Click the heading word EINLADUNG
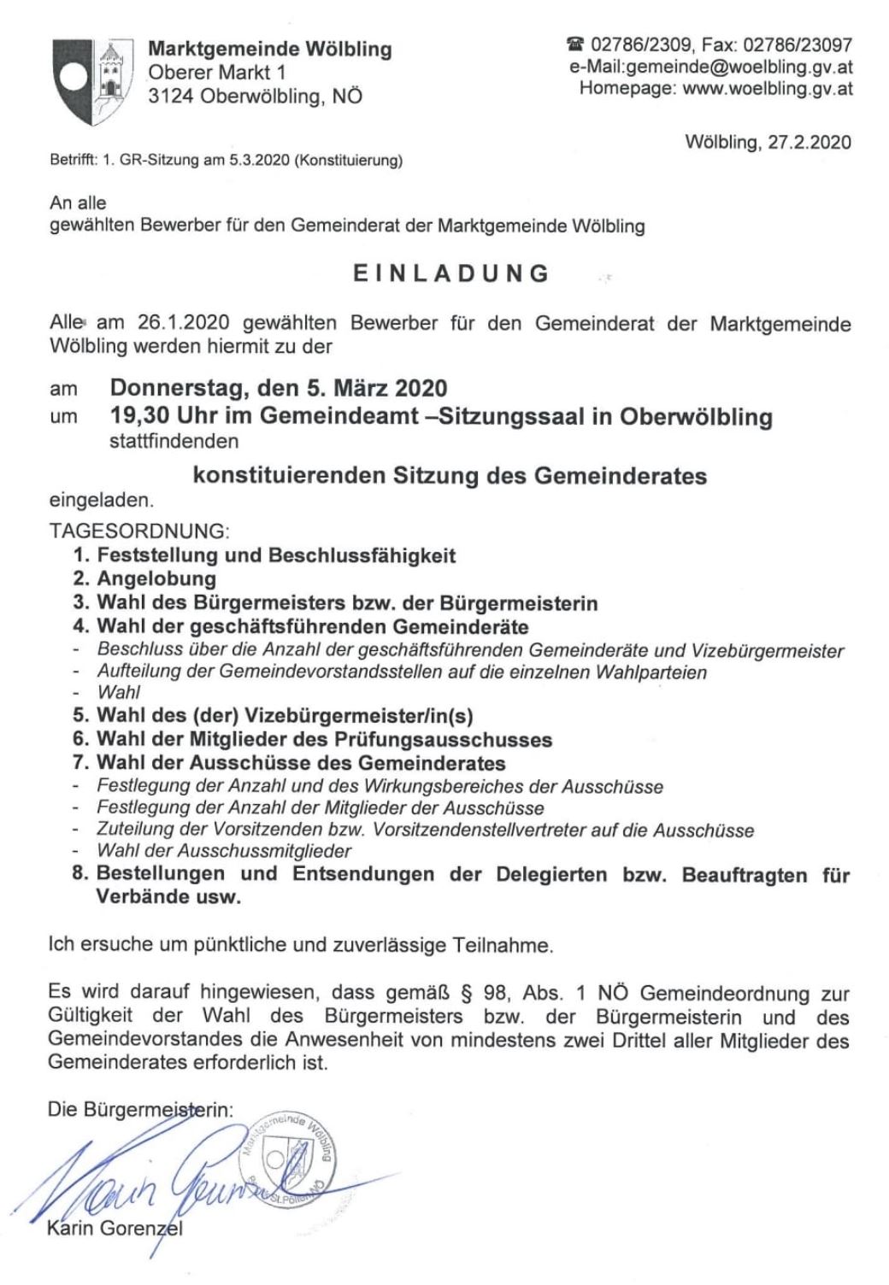click(452, 273)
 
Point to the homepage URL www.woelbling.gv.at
click(767, 88)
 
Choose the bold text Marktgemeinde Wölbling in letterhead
click(270, 50)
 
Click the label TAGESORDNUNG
click(139, 531)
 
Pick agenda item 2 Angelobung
click(156, 579)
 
